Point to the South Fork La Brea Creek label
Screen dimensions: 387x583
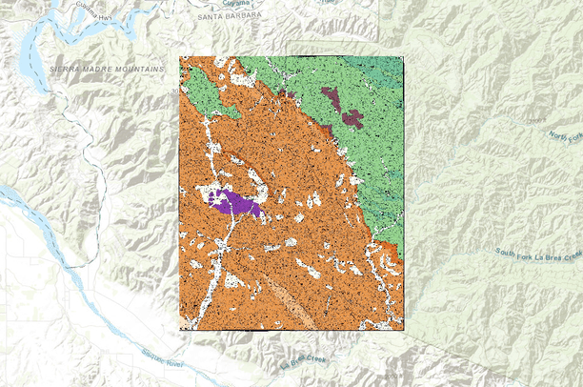pos(537,255)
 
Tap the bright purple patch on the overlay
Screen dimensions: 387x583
pos(231,202)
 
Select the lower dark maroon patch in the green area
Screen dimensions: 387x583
pos(352,118)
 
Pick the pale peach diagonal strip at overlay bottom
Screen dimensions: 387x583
pos(291,302)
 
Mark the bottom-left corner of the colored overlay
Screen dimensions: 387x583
pos(180,329)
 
